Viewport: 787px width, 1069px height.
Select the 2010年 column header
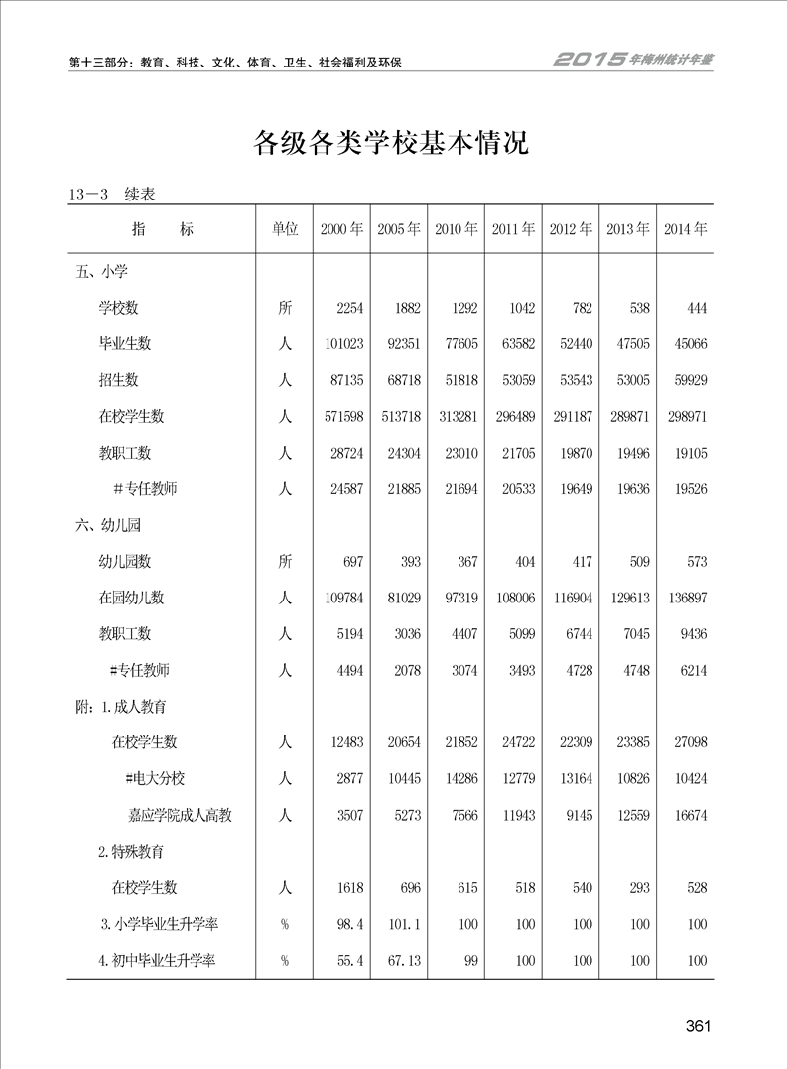(456, 229)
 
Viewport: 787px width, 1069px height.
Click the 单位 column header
(285, 229)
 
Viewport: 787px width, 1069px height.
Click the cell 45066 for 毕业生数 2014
(687, 344)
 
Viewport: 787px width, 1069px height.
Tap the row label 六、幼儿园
(108, 525)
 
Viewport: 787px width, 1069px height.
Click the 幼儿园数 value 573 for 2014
(696, 562)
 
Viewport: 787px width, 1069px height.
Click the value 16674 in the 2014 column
(687, 815)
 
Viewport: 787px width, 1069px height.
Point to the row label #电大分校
(158, 779)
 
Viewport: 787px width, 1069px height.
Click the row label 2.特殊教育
(131, 852)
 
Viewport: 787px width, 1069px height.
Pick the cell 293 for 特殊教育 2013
(638, 887)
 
